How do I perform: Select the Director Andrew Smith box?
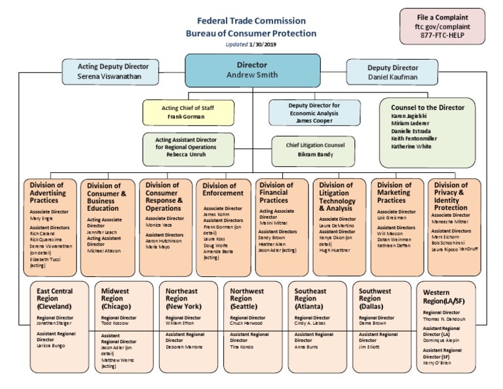point(252,70)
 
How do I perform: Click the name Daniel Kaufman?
point(392,77)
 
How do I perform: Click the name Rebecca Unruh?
point(188,155)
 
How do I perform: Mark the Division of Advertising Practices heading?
point(48,193)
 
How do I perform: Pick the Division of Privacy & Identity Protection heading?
point(451,196)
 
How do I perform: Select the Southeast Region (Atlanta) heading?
point(310,299)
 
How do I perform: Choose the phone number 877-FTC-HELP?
point(443,37)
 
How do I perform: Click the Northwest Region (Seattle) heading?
point(247,299)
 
